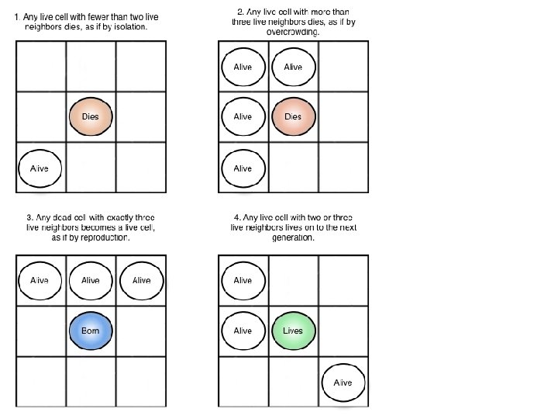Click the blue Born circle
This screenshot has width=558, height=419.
[x=91, y=331]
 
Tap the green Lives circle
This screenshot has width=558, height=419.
[x=293, y=331]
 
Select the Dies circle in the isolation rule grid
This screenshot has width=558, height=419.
[x=91, y=116]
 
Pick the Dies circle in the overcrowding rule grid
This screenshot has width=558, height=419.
[x=293, y=116]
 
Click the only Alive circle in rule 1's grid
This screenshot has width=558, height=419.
[x=40, y=168]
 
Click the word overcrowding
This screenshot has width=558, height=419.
[x=295, y=31]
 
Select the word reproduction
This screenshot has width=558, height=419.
[x=105, y=237]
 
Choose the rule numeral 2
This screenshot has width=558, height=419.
[x=239, y=12]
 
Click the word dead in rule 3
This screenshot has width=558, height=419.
[x=61, y=216]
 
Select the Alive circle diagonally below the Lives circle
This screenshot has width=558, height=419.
[x=343, y=383]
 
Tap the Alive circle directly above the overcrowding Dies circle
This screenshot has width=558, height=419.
[x=293, y=67]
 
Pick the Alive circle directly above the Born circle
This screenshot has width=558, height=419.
[x=91, y=280]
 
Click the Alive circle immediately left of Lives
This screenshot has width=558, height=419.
[x=243, y=331]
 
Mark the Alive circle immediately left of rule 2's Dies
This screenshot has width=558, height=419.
[x=243, y=116]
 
